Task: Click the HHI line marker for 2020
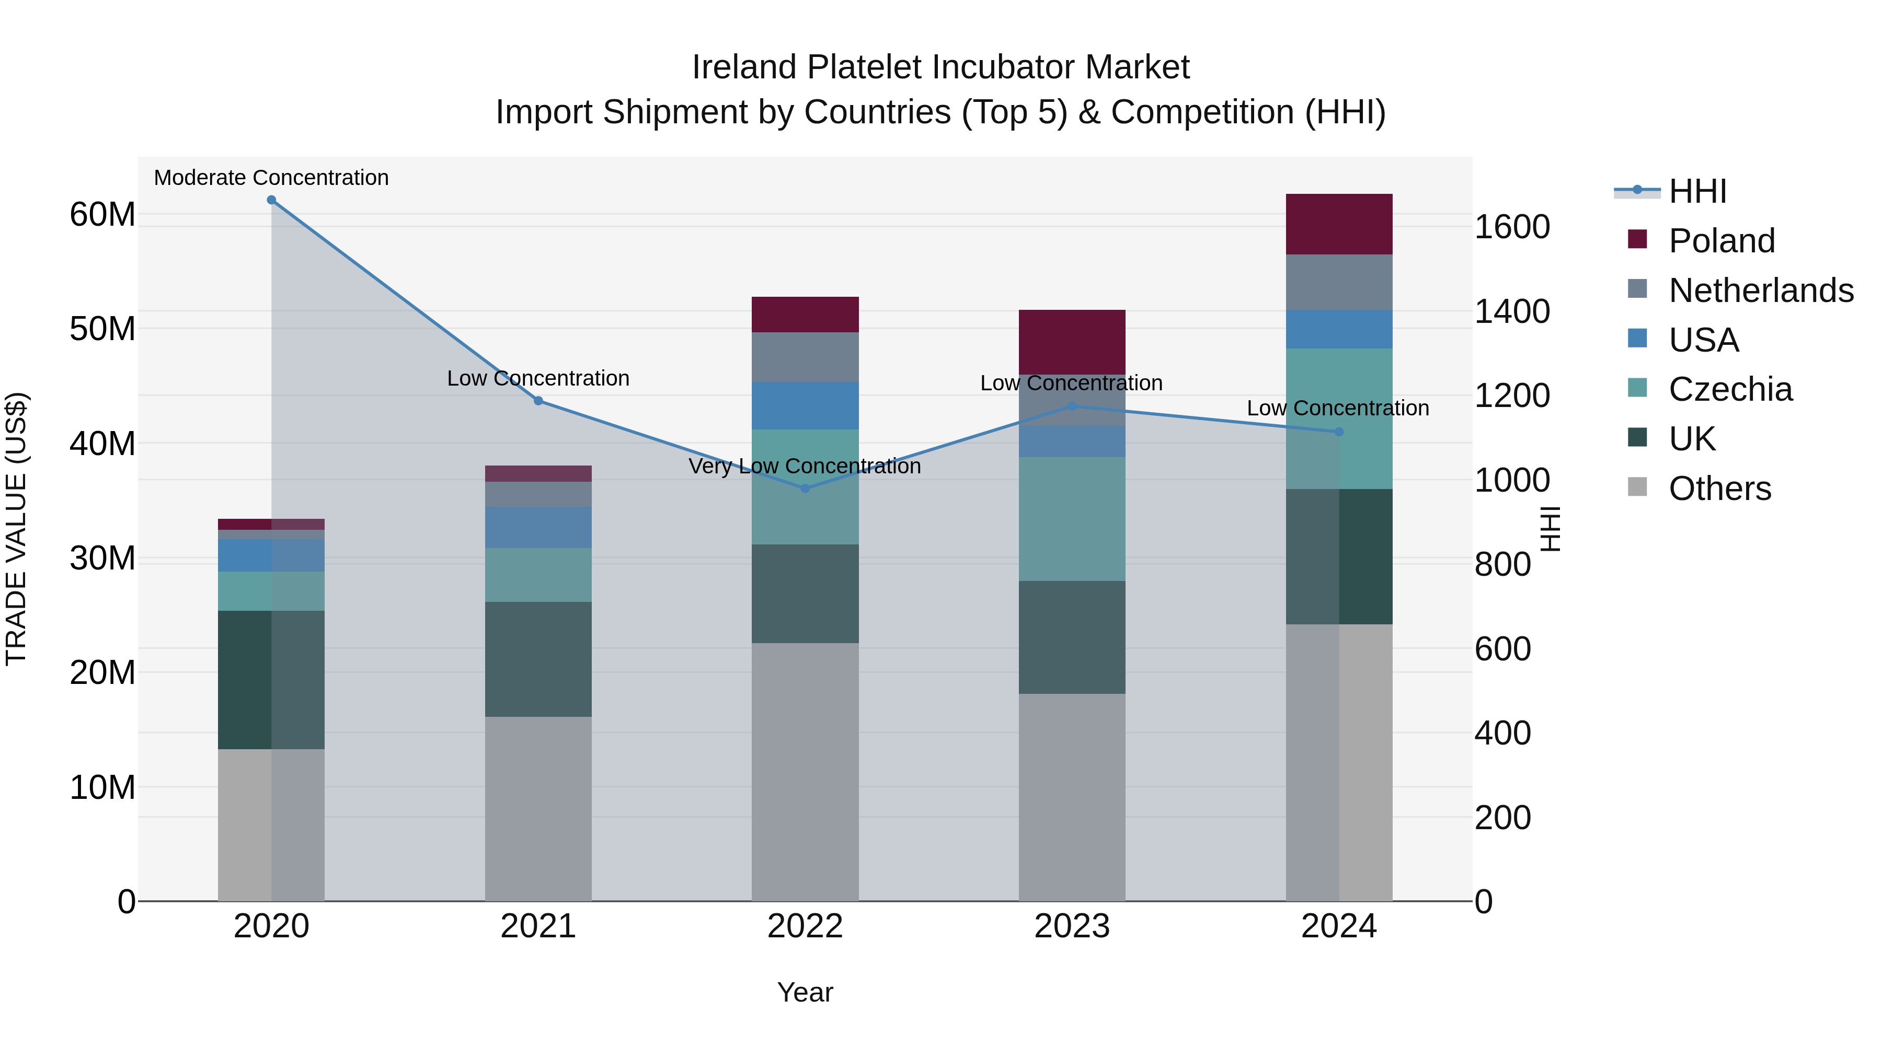[x=271, y=200]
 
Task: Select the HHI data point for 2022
[x=805, y=489]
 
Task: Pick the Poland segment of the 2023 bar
[x=1072, y=342]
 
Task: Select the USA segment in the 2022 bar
[x=805, y=405]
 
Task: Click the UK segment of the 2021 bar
[x=538, y=659]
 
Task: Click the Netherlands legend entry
[x=1761, y=290]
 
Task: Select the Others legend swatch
[x=1637, y=487]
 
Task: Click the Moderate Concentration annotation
[x=271, y=178]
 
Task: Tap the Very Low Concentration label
[x=805, y=466]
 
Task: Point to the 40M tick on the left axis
[x=102, y=443]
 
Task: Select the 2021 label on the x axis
[x=538, y=926]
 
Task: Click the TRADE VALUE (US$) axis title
[x=17, y=529]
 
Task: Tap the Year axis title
[x=805, y=992]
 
